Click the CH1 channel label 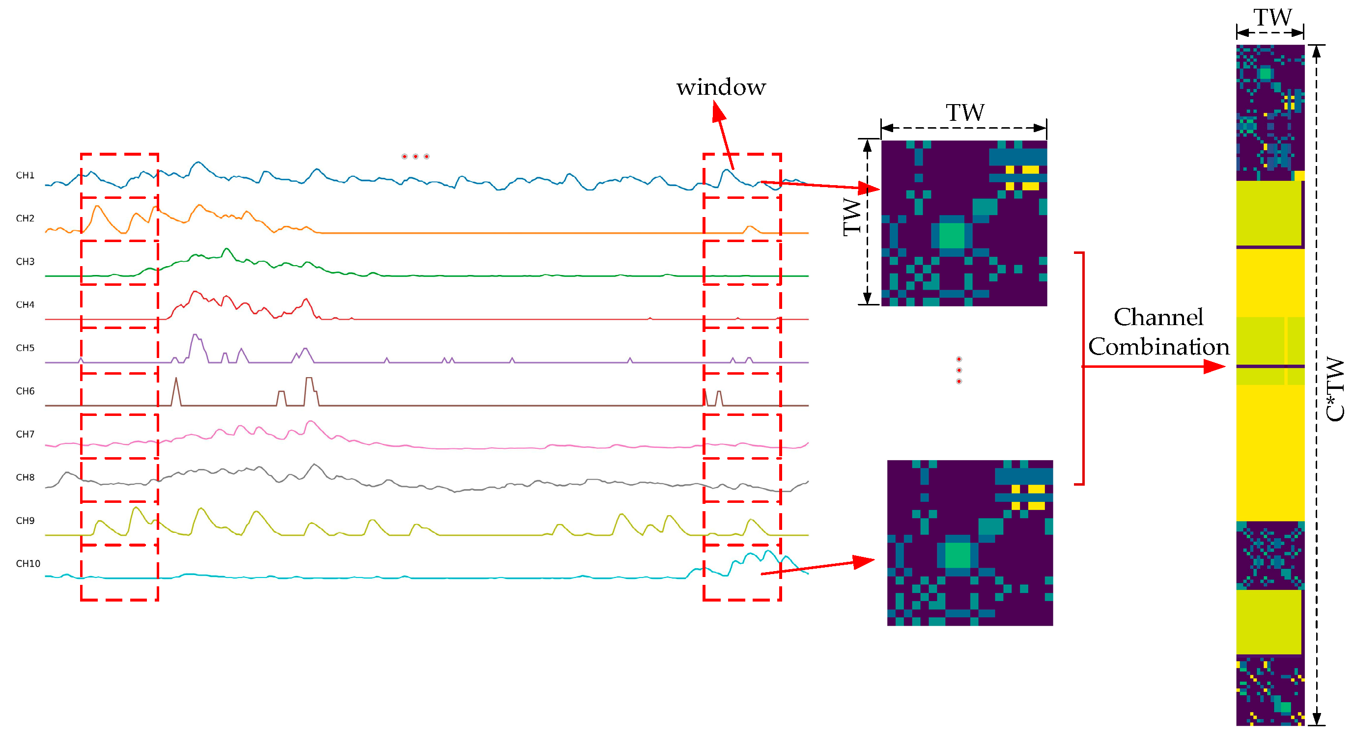pyautogui.click(x=25, y=175)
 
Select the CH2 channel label pyautogui.click(x=25, y=219)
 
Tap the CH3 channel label pyautogui.click(x=25, y=262)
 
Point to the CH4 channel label pyautogui.click(x=25, y=304)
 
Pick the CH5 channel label pyautogui.click(x=25, y=348)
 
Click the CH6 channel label pyautogui.click(x=25, y=391)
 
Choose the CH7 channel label pyautogui.click(x=25, y=434)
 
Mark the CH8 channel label pyautogui.click(x=25, y=477)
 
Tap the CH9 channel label pyautogui.click(x=25, y=521)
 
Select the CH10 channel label pyautogui.click(x=28, y=563)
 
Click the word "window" pyautogui.click(x=721, y=87)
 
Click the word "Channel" pyautogui.click(x=1158, y=317)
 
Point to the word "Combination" pyautogui.click(x=1158, y=347)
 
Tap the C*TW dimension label pyautogui.click(x=1335, y=388)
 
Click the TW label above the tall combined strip pyautogui.click(x=1272, y=18)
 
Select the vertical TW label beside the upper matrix pyautogui.click(x=852, y=217)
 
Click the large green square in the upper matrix pyautogui.click(x=951, y=235)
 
